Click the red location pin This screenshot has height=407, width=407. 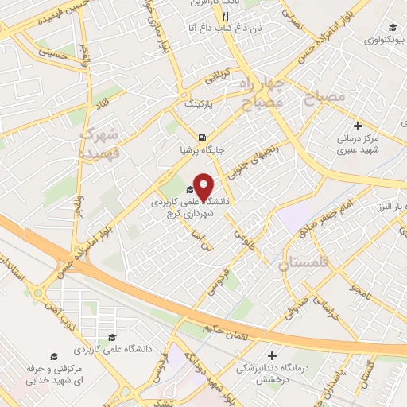pyautogui.click(x=203, y=186)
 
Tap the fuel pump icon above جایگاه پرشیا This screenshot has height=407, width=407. pyautogui.click(x=204, y=135)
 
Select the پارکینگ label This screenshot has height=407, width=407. pyautogui.click(x=200, y=104)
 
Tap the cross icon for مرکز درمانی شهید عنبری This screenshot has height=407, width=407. pyautogui.click(x=357, y=126)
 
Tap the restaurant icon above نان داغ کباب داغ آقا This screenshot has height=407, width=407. pyautogui.click(x=226, y=16)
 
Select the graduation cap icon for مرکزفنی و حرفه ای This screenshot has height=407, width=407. pyautogui.click(x=53, y=357)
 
